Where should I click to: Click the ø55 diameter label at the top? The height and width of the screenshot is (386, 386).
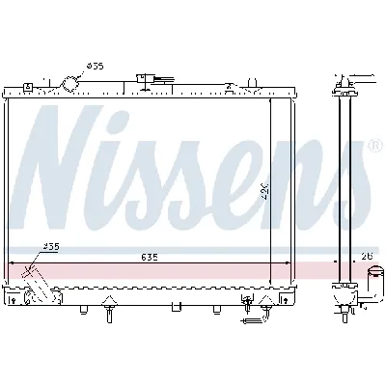tap(95, 66)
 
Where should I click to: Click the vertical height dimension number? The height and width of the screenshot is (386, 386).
tap(263, 194)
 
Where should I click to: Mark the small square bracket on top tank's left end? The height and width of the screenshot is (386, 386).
tap(30, 87)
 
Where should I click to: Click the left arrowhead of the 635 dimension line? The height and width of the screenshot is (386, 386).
tap(13, 262)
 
